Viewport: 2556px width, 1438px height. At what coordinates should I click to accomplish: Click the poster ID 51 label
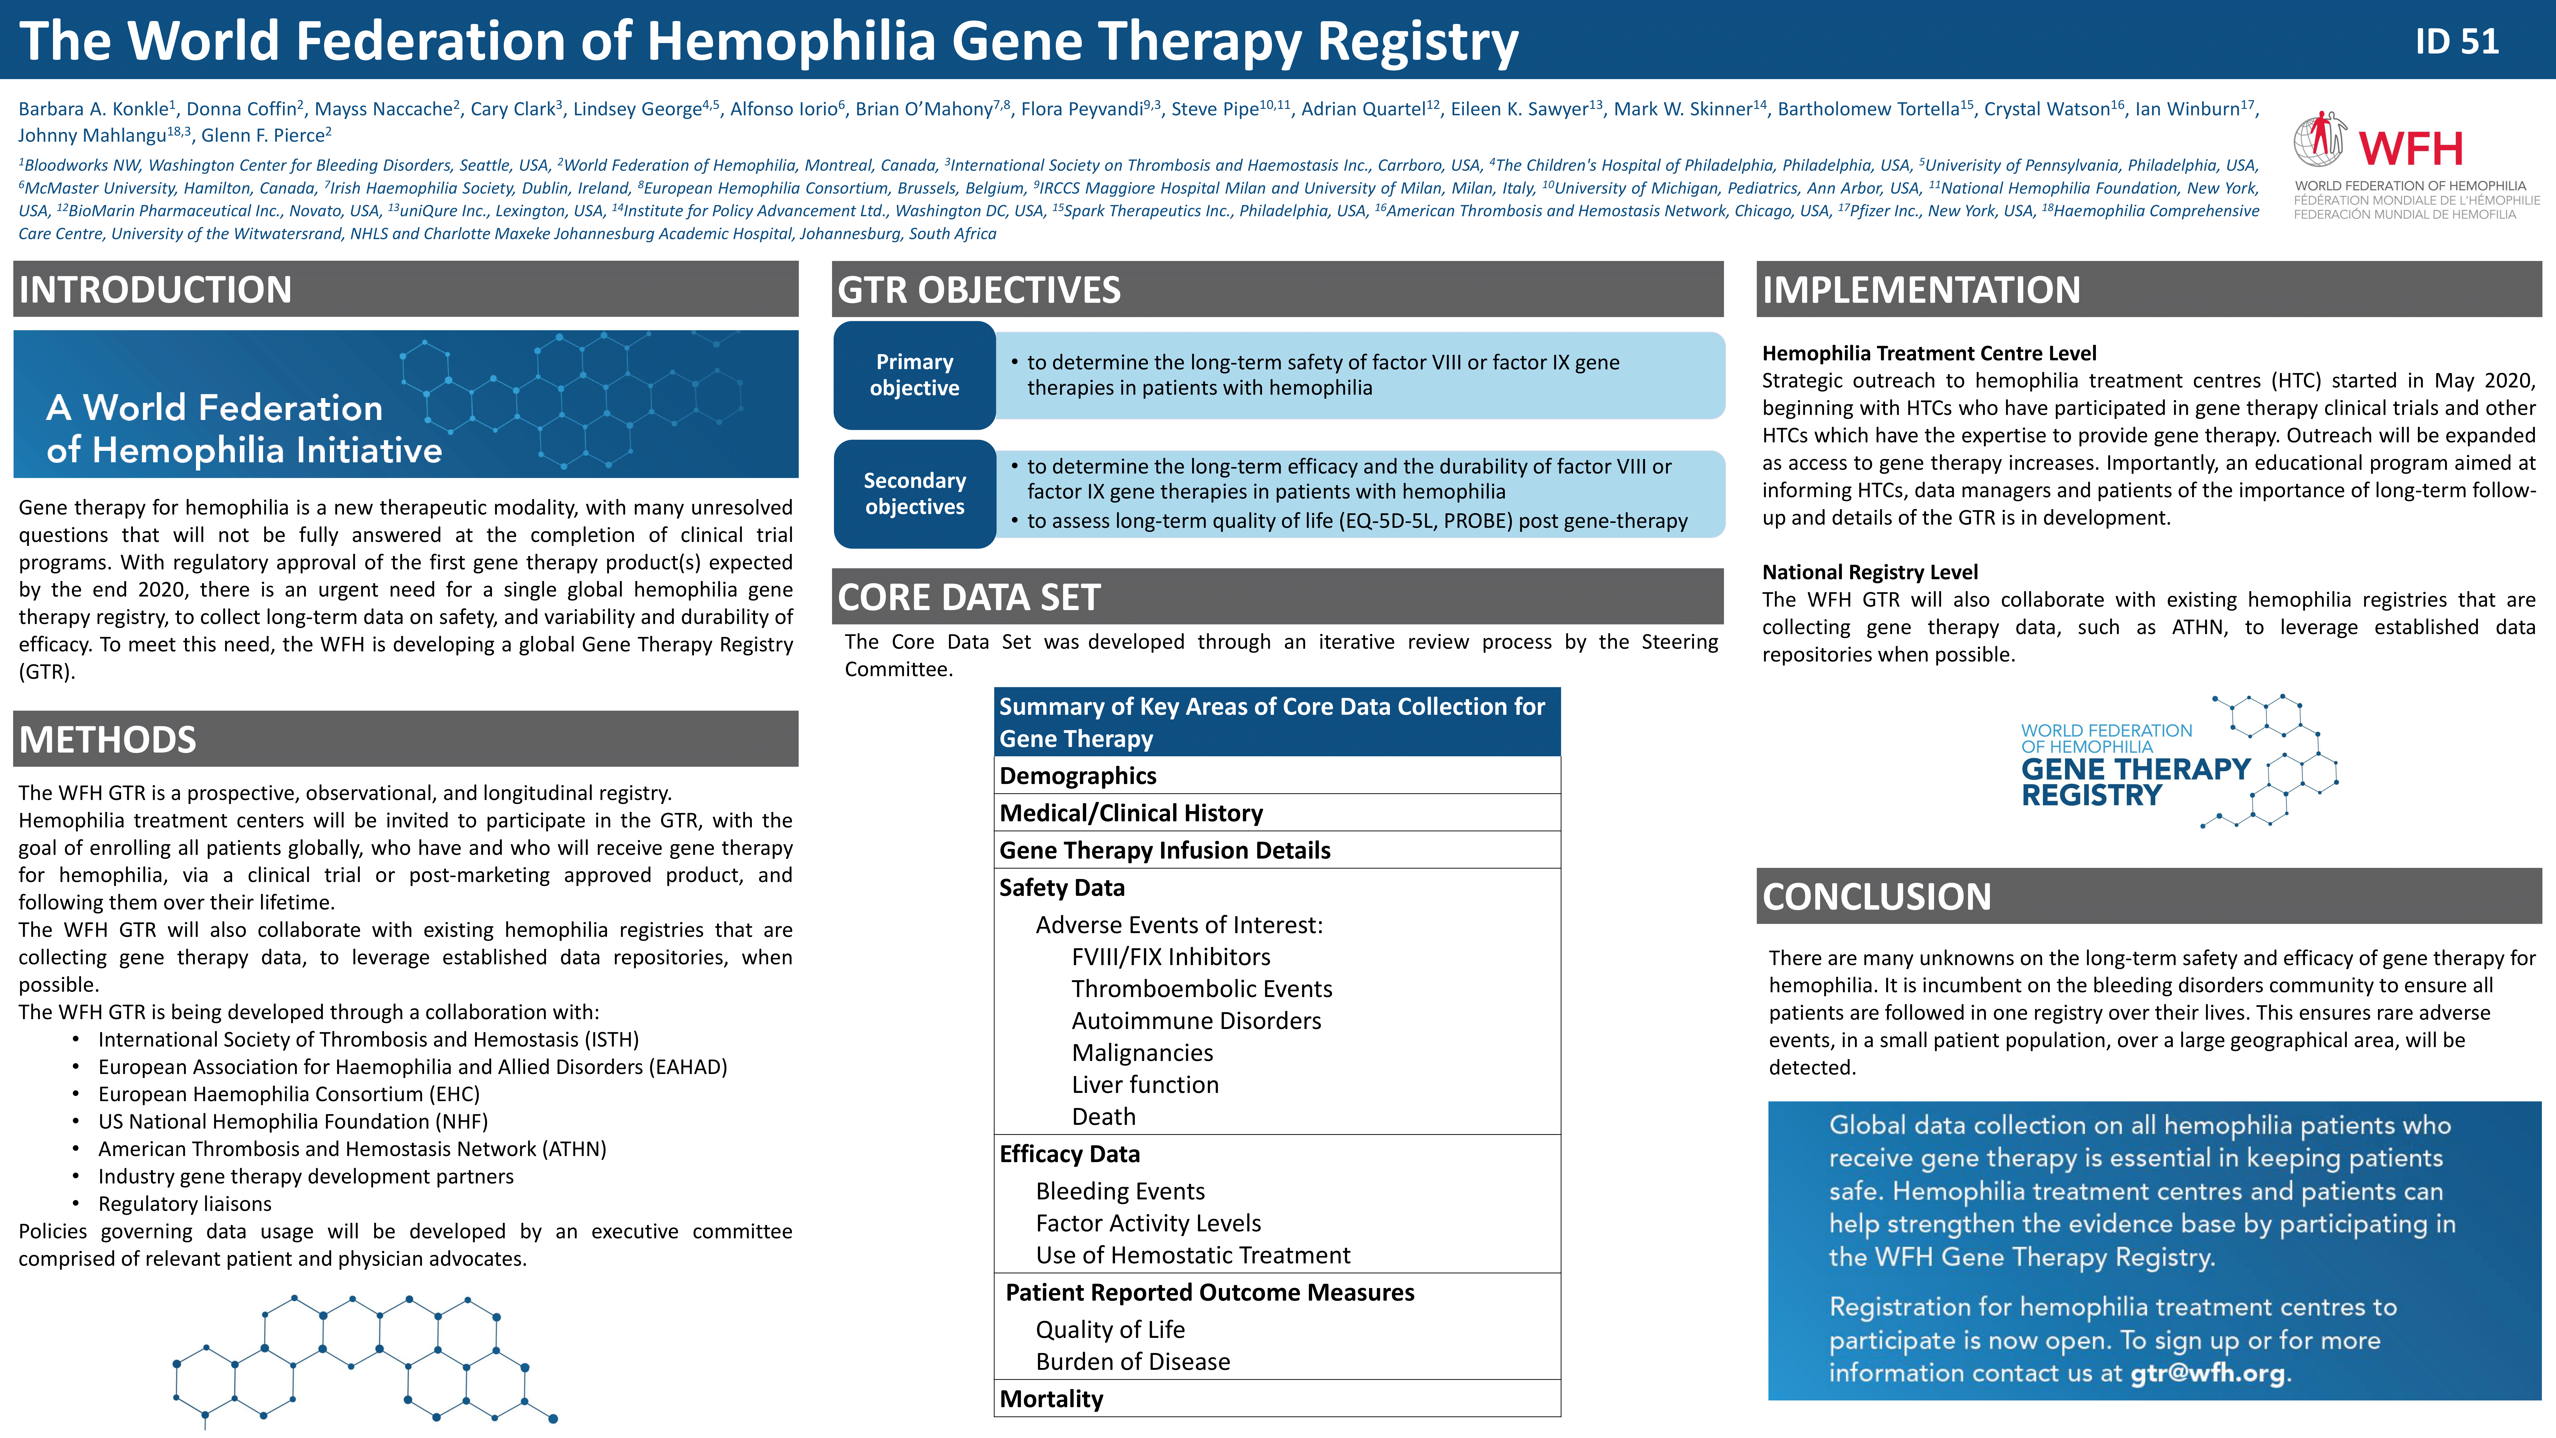click(x=2457, y=41)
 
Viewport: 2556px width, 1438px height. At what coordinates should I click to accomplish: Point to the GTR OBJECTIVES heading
click(x=979, y=290)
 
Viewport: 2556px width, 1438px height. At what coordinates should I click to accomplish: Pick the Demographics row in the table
click(x=1277, y=775)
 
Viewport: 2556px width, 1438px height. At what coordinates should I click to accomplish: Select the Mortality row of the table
click(x=1277, y=1398)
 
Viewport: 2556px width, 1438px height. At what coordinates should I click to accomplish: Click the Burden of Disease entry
click(x=1133, y=1362)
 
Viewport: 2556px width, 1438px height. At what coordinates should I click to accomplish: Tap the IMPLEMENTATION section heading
click(x=1921, y=290)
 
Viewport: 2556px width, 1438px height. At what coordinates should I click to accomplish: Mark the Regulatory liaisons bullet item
click(x=185, y=1204)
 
